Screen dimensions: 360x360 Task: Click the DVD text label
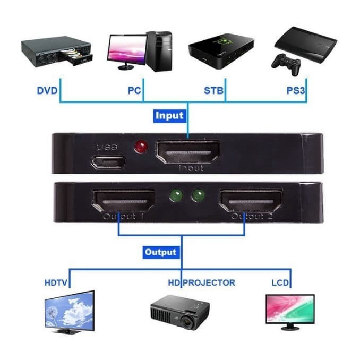point(47,90)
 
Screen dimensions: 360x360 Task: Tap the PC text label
point(134,90)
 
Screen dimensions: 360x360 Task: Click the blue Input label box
point(169,115)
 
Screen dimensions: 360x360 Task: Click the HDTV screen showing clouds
point(70,308)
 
